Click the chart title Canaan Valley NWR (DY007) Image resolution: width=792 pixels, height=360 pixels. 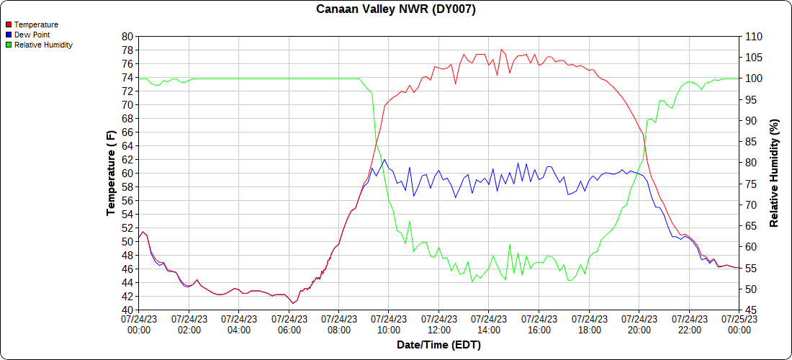(396, 9)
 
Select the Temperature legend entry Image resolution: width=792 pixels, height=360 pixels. (36, 24)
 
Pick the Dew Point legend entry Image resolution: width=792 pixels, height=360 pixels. (32, 35)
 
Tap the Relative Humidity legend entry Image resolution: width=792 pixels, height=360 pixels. (43, 45)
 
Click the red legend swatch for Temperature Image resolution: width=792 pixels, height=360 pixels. (9, 24)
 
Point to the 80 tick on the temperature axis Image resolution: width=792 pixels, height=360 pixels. (127, 36)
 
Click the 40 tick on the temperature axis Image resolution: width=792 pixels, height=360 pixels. (127, 310)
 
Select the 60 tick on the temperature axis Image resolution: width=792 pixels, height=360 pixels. (127, 173)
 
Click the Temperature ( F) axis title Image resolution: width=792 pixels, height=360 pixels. (111, 173)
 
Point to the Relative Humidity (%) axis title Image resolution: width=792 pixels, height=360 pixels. (774, 173)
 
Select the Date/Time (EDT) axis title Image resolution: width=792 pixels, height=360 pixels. (438, 345)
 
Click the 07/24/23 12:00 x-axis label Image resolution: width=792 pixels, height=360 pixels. (438, 324)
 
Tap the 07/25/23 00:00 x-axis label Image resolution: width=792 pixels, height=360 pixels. (739, 324)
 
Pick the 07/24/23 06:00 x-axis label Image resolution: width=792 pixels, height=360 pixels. (289, 324)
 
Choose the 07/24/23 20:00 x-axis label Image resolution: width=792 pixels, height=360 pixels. (639, 324)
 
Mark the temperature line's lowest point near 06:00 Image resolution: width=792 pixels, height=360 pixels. (293, 303)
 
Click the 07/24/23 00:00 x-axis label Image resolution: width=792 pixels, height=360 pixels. (138, 324)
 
